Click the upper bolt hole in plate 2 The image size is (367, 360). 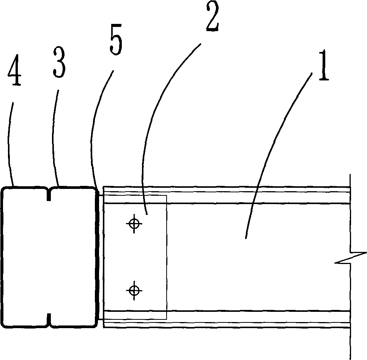[134, 223]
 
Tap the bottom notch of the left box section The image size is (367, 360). [49, 320]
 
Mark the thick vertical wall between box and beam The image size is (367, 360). [99, 258]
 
